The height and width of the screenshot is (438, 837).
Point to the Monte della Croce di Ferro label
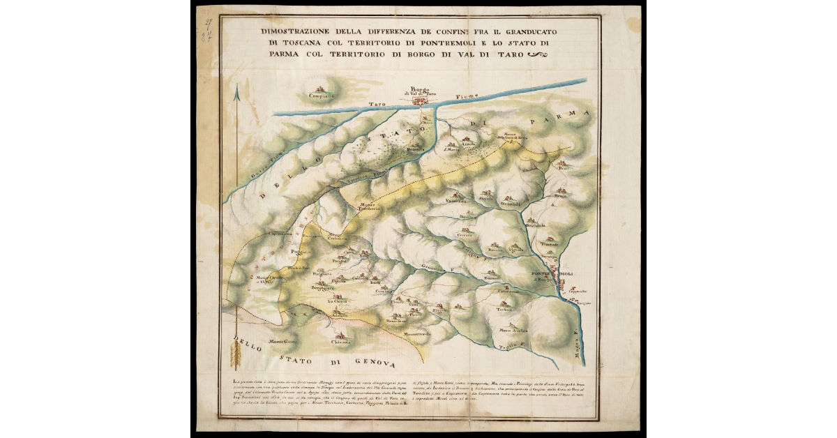tap(518, 137)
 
